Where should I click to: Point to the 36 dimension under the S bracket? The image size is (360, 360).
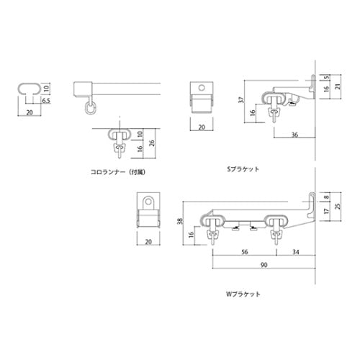294,134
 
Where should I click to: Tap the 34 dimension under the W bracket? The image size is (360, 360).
296,253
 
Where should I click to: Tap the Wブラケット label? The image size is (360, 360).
243,294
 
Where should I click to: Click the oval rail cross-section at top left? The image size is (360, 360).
29,89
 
